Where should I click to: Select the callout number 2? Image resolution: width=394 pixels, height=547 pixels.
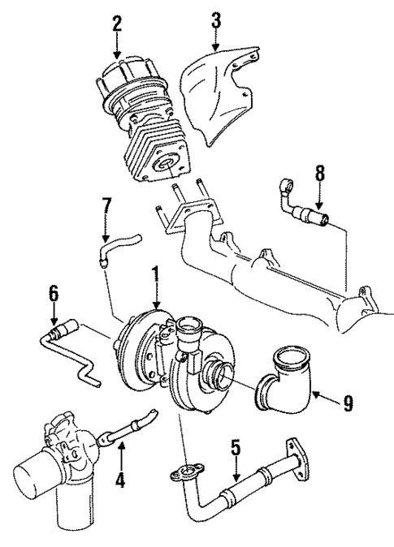pyautogui.click(x=117, y=22)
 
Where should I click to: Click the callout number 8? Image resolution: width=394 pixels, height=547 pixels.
pyautogui.click(x=319, y=173)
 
